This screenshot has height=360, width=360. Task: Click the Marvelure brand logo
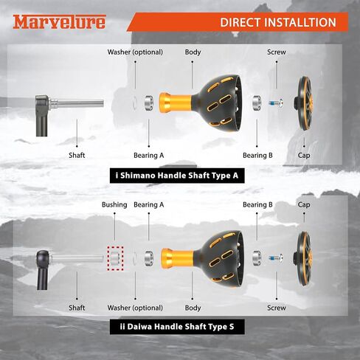pos(59,22)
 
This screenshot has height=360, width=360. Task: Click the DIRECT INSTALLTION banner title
pos(278,22)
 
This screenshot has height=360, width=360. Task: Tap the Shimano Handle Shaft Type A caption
pos(177,176)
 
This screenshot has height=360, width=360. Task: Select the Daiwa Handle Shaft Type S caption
pos(177,327)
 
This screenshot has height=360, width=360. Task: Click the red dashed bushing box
pos(115,258)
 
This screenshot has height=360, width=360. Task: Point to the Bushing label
pos(114,204)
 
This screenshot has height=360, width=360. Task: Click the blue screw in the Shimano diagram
pos(276,103)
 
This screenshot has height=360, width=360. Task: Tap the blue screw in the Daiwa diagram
pos(276,258)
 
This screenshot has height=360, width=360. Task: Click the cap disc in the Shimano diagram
pos(304,103)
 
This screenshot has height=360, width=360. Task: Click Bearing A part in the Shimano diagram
pos(149,103)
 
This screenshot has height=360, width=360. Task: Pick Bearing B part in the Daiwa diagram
pos(257,257)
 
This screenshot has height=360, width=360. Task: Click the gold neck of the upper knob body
pos(176,103)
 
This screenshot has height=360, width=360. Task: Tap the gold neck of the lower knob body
pos(177,258)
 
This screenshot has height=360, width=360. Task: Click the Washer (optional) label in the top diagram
pos(135,52)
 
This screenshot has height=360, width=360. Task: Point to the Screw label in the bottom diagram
pos(277,308)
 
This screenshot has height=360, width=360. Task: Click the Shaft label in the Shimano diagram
pos(77,156)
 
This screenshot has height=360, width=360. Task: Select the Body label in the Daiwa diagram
pos(193,308)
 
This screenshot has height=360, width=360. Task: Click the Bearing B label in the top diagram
pos(257,156)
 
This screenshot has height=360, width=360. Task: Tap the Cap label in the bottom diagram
pos(304,205)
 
